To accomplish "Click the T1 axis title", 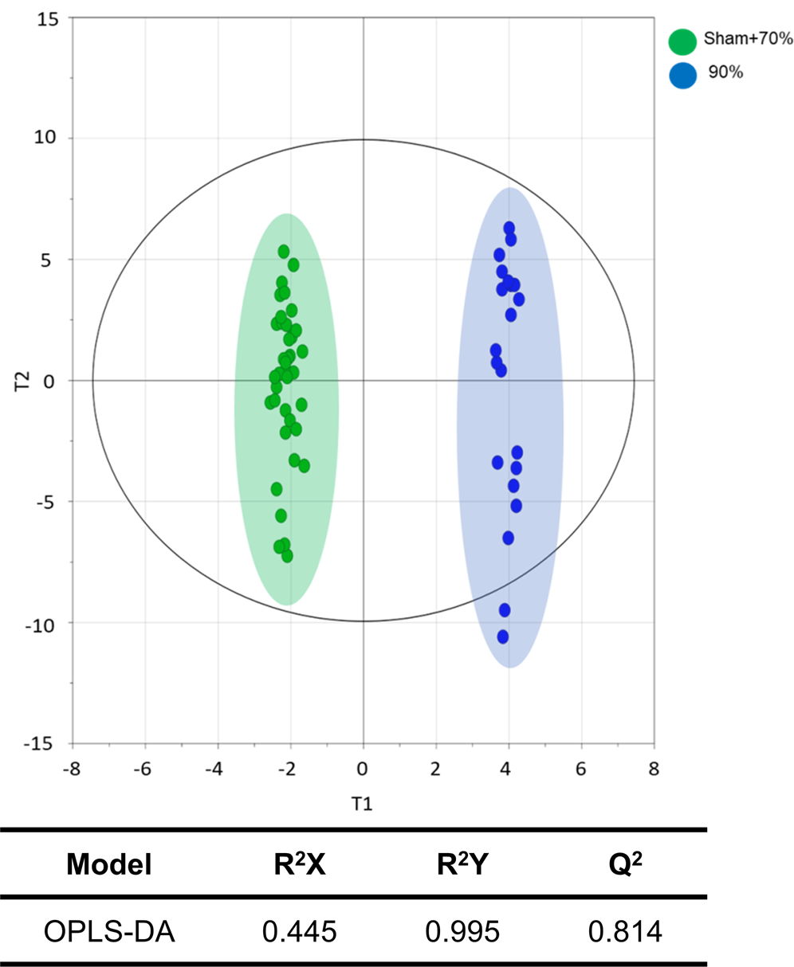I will point(363,804).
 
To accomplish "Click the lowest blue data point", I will point(503,636).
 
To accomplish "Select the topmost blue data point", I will point(509,229).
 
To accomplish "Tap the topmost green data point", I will point(284,252).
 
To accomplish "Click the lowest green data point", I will point(287,556).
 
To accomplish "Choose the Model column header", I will point(109,864).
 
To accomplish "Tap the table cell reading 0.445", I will point(297,930).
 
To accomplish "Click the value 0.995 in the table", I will point(462,930).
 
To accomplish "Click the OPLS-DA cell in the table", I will point(109,930).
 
